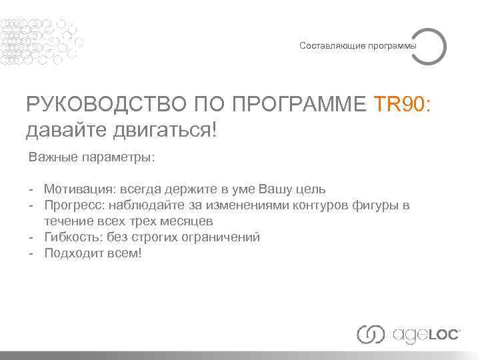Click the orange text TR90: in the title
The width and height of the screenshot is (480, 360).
(403, 105)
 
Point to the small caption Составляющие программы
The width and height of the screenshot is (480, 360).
(358, 46)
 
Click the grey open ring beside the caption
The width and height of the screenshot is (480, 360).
(429, 45)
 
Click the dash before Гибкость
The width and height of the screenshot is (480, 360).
(31, 237)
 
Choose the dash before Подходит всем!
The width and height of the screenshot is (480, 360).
(31, 253)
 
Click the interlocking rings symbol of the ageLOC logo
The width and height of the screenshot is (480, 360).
(371, 333)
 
